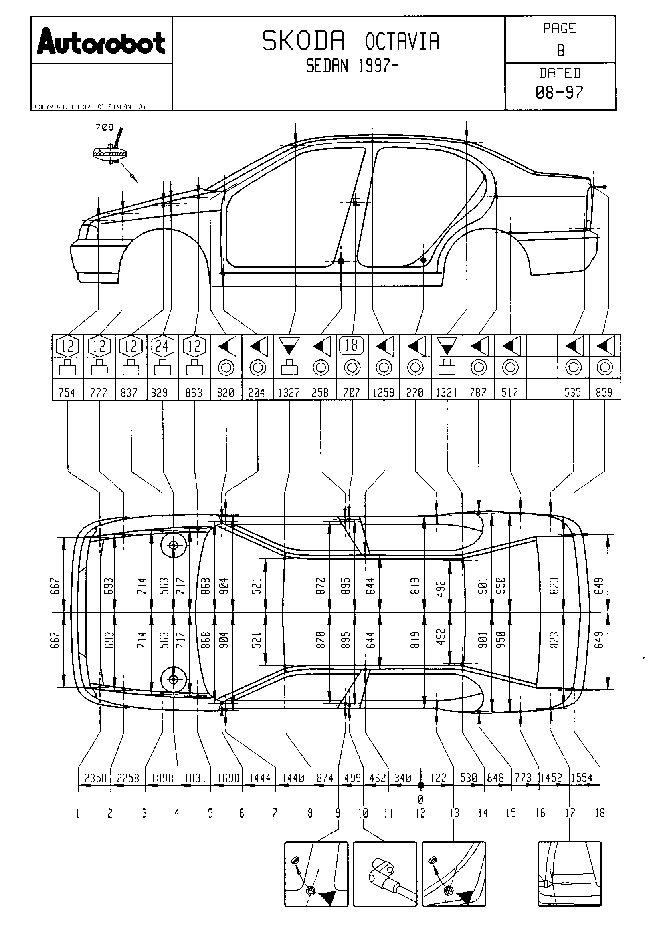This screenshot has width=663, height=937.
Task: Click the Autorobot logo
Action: (x=101, y=41)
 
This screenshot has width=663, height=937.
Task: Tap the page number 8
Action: (x=560, y=50)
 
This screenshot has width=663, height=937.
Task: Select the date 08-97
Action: (x=559, y=93)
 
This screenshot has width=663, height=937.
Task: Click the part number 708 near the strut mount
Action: (x=104, y=127)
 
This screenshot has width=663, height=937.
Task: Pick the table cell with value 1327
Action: (x=289, y=393)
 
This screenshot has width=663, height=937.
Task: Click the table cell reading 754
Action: (x=67, y=393)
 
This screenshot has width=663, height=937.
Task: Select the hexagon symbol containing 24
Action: (x=162, y=346)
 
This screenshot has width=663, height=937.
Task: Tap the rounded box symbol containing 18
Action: (x=352, y=345)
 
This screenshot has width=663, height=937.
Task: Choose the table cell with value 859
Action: (x=604, y=393)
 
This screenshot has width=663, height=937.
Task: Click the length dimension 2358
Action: (x=95, y=778)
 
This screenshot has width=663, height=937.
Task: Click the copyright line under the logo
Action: (x=90, y=107)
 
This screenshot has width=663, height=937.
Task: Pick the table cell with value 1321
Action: (x=446, y=393)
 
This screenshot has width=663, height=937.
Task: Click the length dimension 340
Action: (x=402, y=778)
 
